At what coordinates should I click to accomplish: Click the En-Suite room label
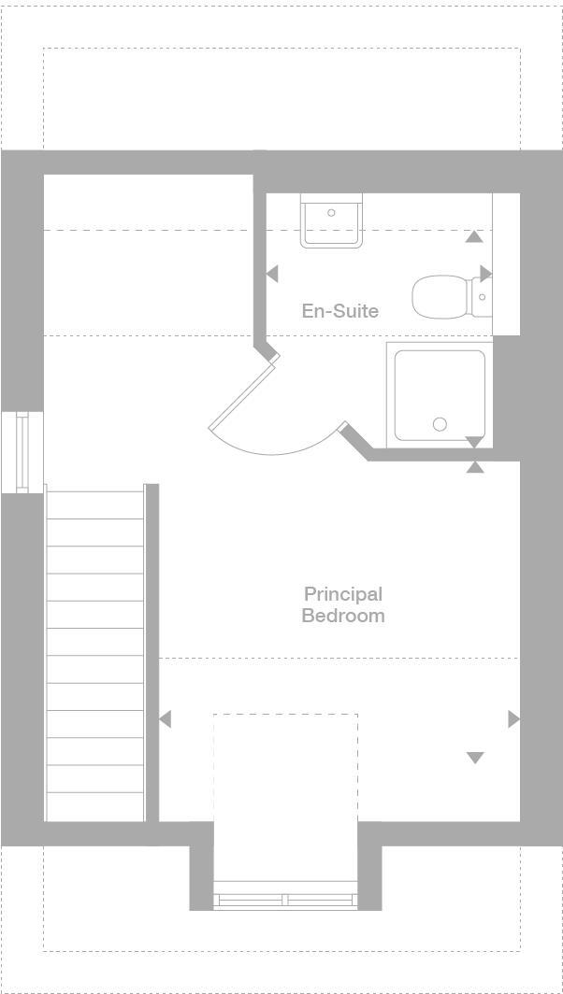339,311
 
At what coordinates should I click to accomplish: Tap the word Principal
342,594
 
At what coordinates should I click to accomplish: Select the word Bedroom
342,616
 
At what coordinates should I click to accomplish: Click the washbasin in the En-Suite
331,221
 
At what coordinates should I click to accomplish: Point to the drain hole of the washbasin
331,213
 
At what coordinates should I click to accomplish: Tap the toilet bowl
440,297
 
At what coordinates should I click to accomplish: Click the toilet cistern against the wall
481,297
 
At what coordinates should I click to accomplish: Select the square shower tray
440,393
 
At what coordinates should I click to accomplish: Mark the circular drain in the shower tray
440,425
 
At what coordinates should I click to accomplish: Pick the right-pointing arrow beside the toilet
485,273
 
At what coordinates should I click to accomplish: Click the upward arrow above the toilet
474,236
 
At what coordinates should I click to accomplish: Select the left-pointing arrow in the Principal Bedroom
166,719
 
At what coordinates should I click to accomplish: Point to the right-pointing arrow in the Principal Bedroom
513,718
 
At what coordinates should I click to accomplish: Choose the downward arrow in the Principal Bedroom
475,758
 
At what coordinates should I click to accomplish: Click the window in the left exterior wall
22,451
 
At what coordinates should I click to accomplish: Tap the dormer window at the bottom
286,901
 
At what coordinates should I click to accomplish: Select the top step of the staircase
94,504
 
